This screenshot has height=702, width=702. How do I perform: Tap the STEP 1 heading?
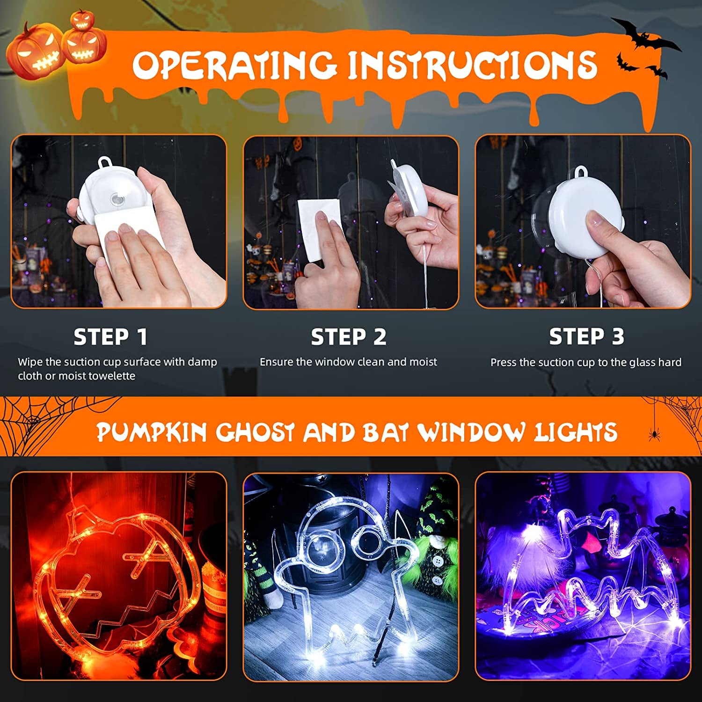pyautogui.click(x=110, y=337)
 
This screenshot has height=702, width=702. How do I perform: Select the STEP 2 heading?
pyautogui.click(x=349, y=337)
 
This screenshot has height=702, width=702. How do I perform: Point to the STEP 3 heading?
pyautogui.click(x=586, y=336)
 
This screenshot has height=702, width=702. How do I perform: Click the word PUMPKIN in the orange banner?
pyautogui.click(x=152, y=431)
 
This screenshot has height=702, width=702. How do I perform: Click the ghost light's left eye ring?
pyautogui.click(x=318, y=543)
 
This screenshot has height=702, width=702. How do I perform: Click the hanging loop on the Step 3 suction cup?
pyautogui.click(x=581, y=172)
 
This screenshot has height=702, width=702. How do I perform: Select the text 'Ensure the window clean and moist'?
pyautogui.click(x=348, y=362)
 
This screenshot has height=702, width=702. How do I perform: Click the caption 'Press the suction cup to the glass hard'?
pyautogui.click(x=585, y=362)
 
